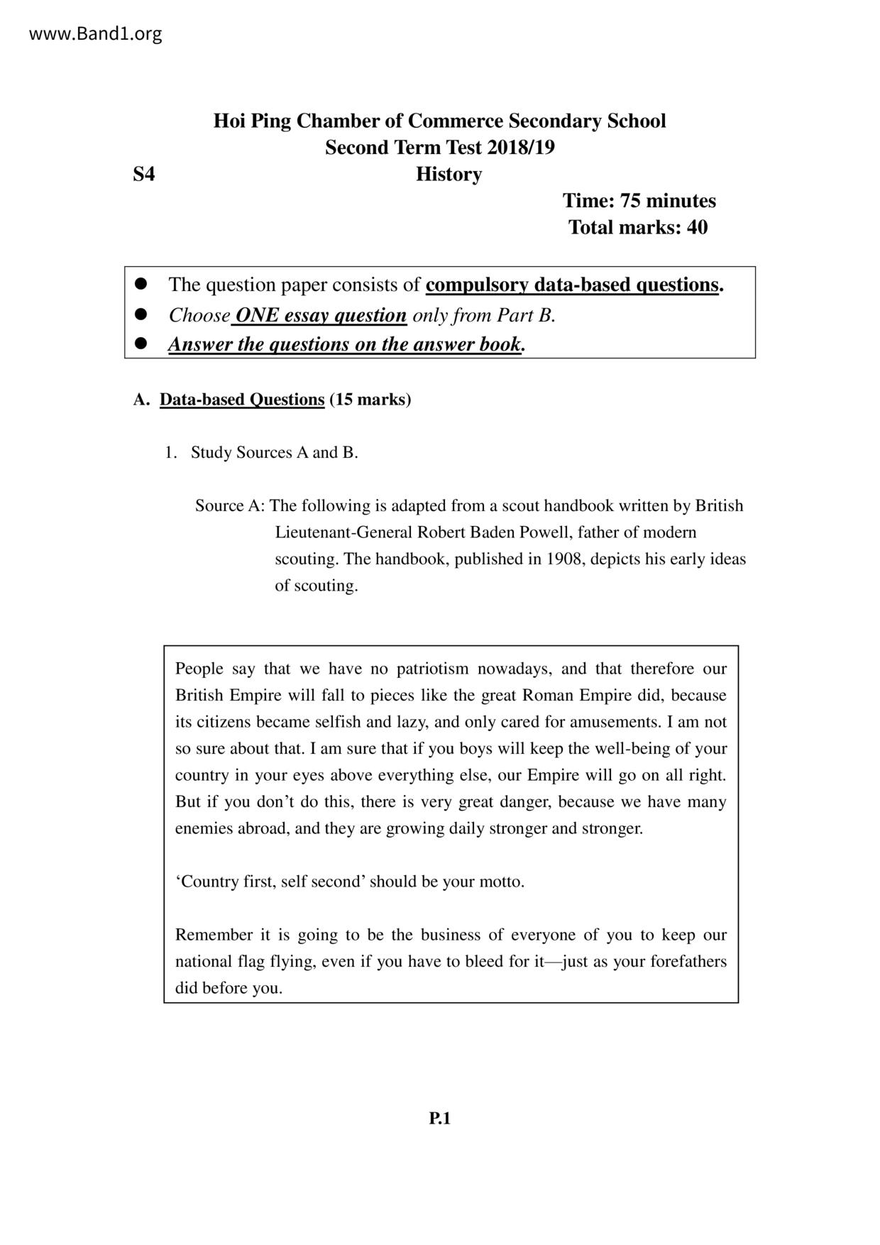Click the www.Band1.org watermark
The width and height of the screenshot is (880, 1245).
(x=95, y=33)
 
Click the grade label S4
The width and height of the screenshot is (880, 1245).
(x=143, y=174)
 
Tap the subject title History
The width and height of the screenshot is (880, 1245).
(x=449, y=174)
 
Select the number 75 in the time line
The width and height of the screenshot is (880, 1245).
(x=630, y=201)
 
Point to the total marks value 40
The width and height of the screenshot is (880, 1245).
(x=697, y=227)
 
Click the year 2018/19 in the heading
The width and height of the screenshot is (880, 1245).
(x=520, y=148)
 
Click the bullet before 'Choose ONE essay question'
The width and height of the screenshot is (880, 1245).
(x=141, y=314)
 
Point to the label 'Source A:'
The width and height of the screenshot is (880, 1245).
(x=230, y=506)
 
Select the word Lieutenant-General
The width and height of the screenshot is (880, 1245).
(x=343, y=532)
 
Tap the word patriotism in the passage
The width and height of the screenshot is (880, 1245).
(x=432, y=669)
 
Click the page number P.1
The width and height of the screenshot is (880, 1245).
(x=440, y=1119)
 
